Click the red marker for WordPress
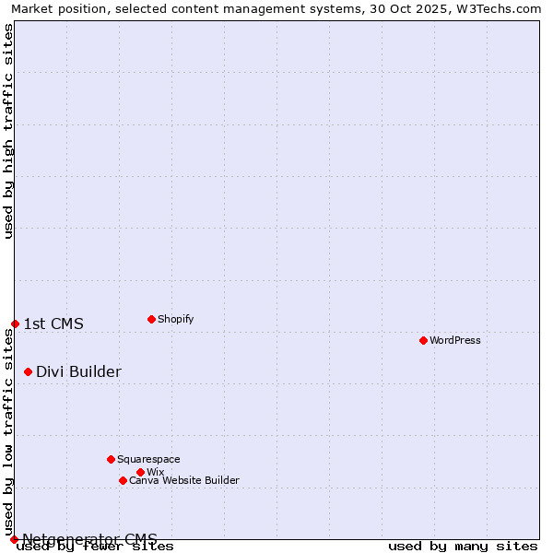(423, 340)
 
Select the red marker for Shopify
(151, 319)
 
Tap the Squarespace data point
(111, 459)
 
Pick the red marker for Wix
(140, 472)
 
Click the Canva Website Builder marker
(123, 480)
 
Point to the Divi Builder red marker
(28, 371)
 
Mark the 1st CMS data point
(15, 324)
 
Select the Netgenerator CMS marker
(14, 539)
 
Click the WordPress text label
(455, 340)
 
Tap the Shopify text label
(175, 319)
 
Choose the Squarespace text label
(148, 459)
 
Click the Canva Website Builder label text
(183, 480)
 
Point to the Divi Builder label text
(78, 371)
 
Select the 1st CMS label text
(53, 324)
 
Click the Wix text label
(155, 472)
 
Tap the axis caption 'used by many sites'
(463, 546)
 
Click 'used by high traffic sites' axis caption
(8, 131)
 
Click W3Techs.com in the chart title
(498, 8)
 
